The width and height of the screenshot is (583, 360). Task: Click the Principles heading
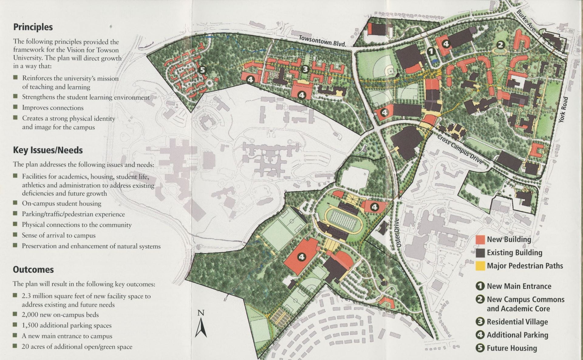click(x=33, y=27)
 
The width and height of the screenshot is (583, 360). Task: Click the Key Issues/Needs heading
click(x=48, y=150)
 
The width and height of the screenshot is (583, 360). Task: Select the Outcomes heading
click(x=33, y=270)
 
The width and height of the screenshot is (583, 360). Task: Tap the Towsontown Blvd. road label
click(x=322, y=41)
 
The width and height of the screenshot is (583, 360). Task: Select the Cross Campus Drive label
click(x=460, y=149)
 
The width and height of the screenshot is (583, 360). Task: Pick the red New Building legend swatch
click(x=480, y=239)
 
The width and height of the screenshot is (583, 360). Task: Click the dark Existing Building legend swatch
click(x=480, y=253)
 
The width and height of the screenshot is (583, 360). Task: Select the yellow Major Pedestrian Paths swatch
click(x=480, y=266)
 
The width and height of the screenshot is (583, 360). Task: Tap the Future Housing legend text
click(x=512, y=348)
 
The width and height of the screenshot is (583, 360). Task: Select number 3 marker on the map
click(x=305, y=69)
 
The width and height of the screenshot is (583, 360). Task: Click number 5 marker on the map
click(x=202, y=70)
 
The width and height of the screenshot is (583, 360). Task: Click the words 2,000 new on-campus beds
click(x=60, y=315)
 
